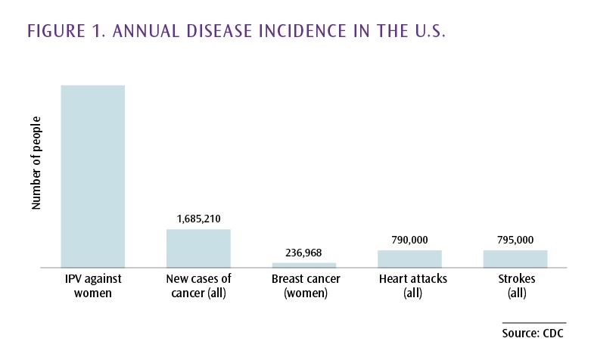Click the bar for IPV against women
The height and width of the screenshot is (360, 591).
click(92, 175)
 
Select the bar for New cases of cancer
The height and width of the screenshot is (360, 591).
click(198, 248)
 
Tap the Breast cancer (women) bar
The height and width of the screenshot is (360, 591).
click(304, 265)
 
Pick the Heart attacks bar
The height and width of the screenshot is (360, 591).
click(409, 259)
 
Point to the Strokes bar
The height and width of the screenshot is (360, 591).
click(515, 259)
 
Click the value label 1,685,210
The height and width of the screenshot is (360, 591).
click(198, 219)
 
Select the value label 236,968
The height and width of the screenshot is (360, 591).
click(304, 253)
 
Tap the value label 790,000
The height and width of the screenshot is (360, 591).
click(409, 241)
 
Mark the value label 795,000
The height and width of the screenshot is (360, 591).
click(515, 241)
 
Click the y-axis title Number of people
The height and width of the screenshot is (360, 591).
click(36, 164)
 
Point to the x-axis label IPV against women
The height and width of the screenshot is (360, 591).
click(92, 286)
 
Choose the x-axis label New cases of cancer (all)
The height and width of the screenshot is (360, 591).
click(198, 286)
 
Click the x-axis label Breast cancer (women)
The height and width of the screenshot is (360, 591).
click(305, 286)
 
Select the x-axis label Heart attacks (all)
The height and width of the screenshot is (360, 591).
click(410, 286)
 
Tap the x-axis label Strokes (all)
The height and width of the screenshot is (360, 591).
click(516, 286)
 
